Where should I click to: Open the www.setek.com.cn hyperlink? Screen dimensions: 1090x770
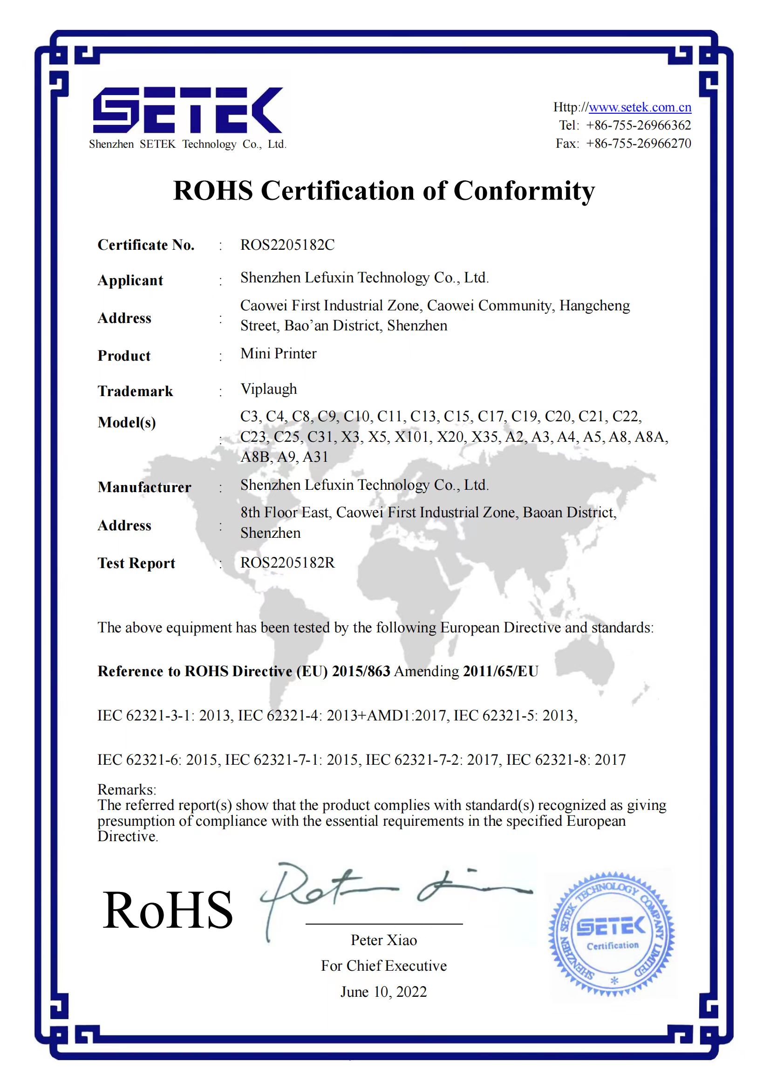[640, 107]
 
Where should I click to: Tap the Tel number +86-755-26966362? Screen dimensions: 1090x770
[638, 125]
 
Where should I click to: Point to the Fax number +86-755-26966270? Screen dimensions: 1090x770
[638, 144]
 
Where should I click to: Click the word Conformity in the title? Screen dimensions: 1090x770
[524, 191]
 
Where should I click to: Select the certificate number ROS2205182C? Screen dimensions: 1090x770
[287, 245]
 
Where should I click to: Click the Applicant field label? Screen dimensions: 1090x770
[130, 281]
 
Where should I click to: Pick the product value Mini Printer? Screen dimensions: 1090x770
[278, 354]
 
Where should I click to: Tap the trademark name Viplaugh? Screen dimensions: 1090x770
[268, 389]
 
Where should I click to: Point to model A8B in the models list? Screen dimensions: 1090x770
[255, 457]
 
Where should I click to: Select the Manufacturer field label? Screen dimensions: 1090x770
[144, 487]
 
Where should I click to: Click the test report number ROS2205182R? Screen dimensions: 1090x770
[287, 563]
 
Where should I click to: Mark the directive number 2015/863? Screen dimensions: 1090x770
[361, 671]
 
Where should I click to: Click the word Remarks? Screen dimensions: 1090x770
[126, 789]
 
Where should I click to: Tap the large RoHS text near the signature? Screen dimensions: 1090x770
[168, 911]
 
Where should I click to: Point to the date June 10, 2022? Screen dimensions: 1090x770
[383, 992]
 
